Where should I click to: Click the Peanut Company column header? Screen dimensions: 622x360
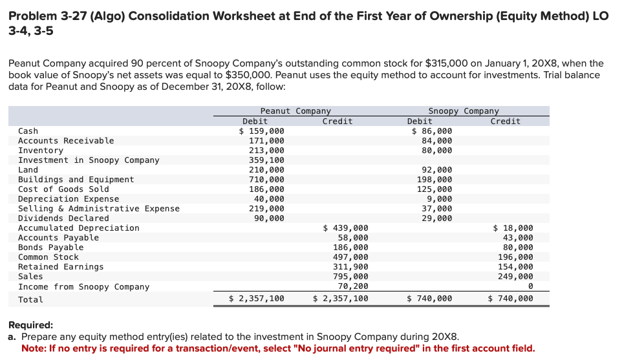[295, 111]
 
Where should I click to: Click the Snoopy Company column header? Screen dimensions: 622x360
[464, 111]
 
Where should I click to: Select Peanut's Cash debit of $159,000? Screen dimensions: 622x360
[261, 131]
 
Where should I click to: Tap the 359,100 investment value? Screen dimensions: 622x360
[266, 160]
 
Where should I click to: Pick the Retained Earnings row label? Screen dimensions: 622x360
[61, 267]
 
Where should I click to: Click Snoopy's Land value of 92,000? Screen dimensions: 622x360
[436, 170]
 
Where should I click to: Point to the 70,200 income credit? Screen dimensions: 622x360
[353, 286]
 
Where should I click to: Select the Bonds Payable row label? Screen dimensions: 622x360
[51, 248]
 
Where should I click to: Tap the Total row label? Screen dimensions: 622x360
[30, 300]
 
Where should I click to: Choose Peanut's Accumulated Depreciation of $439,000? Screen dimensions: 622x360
[345, 228]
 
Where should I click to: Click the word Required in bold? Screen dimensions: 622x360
[30, 325]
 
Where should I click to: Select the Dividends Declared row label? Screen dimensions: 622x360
[63, 218]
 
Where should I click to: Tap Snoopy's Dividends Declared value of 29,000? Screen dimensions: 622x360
[436, 218]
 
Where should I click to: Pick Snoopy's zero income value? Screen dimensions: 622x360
[530, 286]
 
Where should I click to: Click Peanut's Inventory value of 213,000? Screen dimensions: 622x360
[266, 151]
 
